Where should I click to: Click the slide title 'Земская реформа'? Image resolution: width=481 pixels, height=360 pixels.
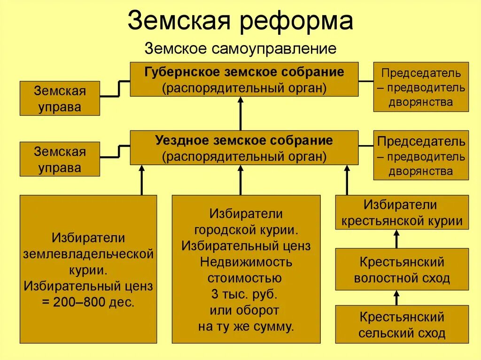pyautogui.click(x=240, y=21)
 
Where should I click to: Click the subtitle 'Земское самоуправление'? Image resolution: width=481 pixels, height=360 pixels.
pyautogui.click(x=240, y=48)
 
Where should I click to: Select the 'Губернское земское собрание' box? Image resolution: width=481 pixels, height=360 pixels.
pyautogui.click(x=244, y=79)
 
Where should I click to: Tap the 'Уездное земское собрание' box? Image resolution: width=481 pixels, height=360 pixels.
pyautogui.click(x=244, y=148)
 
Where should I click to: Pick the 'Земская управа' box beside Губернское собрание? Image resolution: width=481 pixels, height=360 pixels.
pyautogui.click(x=60, y=98)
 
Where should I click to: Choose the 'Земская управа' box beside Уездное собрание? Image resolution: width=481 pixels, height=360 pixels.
pyautogui.click(x=60, y=159)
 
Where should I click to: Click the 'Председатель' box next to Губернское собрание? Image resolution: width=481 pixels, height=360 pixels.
pyautogui.click(x=421, y=87)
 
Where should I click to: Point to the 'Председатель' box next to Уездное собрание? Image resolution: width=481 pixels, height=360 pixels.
pyautogui.click(x=421, y=155)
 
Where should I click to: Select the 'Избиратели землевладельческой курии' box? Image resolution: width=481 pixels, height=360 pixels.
pyautogui.click(x=88, y=269)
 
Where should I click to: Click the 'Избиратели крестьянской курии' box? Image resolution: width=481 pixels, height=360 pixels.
pyautogui.click(x=402, y=212)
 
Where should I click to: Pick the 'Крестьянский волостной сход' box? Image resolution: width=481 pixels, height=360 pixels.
pyautogui.click(x=402, y=269)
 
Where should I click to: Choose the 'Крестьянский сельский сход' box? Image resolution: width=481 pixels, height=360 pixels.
pyautogui.click(x=402, y=324)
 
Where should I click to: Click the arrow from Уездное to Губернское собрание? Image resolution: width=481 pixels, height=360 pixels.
pyautogui.click(x=240, y=114)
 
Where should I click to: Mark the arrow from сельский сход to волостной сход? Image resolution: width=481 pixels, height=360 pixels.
pyautogui.click(x=396, y=298)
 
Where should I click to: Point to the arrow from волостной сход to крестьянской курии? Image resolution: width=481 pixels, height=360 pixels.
pyautogui.click(x=396, y=239)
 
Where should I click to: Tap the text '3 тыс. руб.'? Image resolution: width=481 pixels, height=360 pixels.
pyautogui.click(x=244, y=294)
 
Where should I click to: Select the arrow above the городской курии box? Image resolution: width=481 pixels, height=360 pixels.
pyautogui.click(x=240, y=180)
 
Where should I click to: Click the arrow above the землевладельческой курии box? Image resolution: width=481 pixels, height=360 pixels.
pyautogui.click(x=141, y=180)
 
